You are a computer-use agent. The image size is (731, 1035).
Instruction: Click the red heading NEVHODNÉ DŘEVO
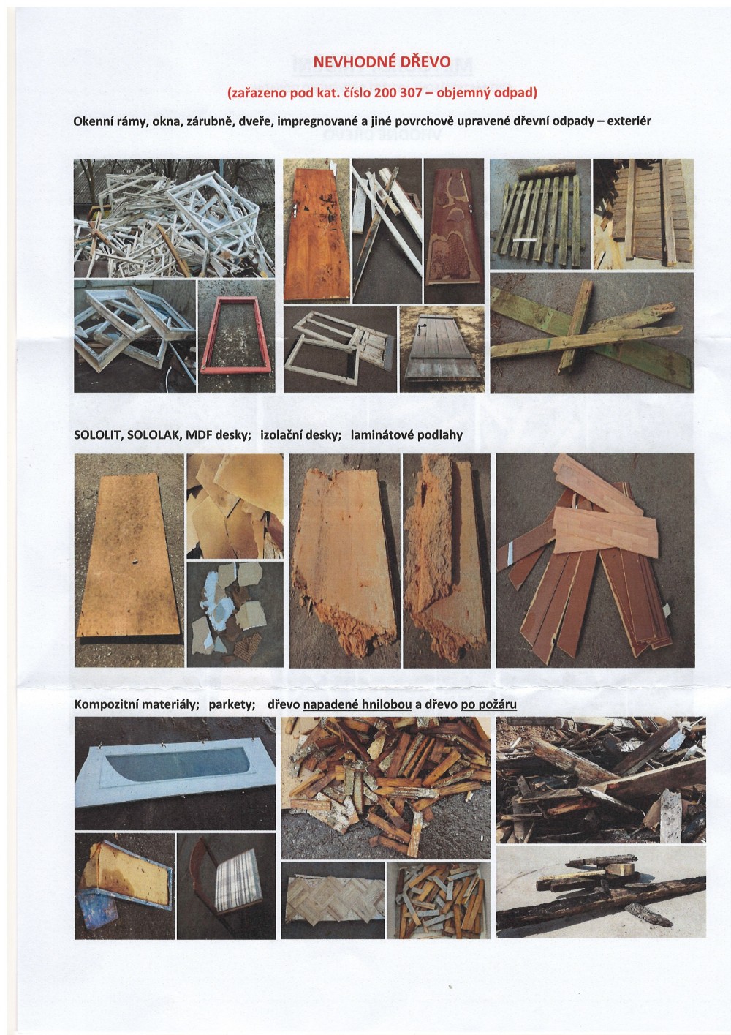click(x=382, y=62)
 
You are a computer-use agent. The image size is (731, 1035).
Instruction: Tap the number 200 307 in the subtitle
click(x=398, y=93)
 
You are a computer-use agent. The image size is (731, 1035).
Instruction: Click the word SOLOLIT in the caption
click(x=96, y=435)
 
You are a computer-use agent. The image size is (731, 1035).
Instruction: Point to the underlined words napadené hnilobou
click(x=357, y=705)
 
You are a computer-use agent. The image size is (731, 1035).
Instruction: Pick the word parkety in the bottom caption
click(x=232, y=705)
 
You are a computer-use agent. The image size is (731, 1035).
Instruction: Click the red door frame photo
click(x=236, y=336)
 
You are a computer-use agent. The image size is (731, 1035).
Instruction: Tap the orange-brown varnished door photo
click(x=317, y=230)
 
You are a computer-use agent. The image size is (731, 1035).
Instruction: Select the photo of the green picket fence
click(x=540, y=214)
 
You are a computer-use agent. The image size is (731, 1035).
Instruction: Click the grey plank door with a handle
click(x=442, y=350)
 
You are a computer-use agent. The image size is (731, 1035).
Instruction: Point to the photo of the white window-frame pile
click(x=174, y=218)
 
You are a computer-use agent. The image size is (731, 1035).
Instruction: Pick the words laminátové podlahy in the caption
click(x=406, y=435)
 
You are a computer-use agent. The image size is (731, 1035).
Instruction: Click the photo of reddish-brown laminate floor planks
click(x=595, y=560)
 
